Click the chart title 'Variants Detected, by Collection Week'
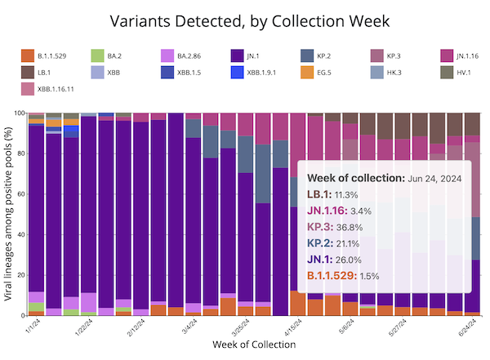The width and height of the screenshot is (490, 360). [245, 20]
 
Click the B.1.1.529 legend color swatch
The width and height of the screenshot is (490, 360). [27, 56]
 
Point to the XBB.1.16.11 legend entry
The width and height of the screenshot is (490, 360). [57, 89]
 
